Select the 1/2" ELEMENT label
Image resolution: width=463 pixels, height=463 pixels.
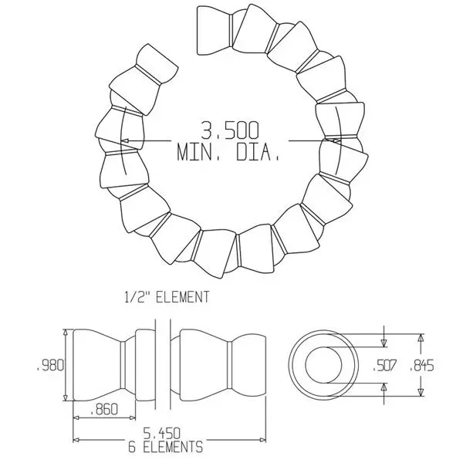[x=167, y=296]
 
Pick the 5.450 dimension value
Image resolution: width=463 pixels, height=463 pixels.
[x=164, y=433]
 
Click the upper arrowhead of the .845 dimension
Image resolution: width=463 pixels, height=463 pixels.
[x=421, y=337]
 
